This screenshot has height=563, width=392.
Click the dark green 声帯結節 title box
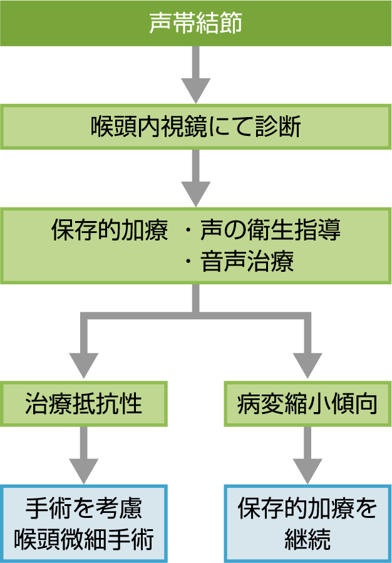pos(195,23)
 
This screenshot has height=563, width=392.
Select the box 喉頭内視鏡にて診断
pos(195,127)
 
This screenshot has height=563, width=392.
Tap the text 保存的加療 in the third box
pos(109,230)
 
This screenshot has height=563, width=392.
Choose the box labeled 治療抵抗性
pos(83,404)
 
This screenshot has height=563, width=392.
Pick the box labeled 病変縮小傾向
pos(307,404)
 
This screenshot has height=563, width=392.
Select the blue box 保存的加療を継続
pos(307,523)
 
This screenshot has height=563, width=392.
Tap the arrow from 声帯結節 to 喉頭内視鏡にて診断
pos(195,75)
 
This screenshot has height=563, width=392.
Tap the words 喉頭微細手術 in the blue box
pos(83,539)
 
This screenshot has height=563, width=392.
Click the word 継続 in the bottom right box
pos(307,539)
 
